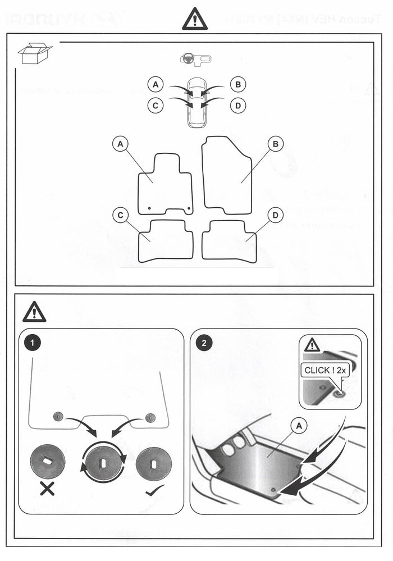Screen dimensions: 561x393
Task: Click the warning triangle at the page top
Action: pyautogui.click(x=195, y=20)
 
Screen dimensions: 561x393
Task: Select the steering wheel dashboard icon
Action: pyautogui.click(x=196, y=59)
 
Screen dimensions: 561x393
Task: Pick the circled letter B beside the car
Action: pyautogui.click(x=239, y=85)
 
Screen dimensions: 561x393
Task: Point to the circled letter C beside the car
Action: pyautogui.click(x=156, y=104)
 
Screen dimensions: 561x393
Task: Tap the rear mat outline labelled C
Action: pyautogui.click(x=166, y=241)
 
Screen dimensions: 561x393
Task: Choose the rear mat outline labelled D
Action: pyautogui.click(x=229, y=240)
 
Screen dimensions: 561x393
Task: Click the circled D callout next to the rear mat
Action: pyautogui.click(x=276, y=215)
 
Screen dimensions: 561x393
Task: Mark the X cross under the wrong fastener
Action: pyautogui.click(x=47, y=489)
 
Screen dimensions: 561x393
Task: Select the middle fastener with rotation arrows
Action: pyautogui.click(x=102, y=463)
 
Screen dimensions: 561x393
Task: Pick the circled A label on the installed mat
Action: pyautogui.click(x=300, y=427)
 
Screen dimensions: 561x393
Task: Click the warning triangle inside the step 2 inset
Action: pyautogui.click(x=312, y=345)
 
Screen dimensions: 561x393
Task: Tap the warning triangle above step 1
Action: pyautogui.click(x=34, y=312)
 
